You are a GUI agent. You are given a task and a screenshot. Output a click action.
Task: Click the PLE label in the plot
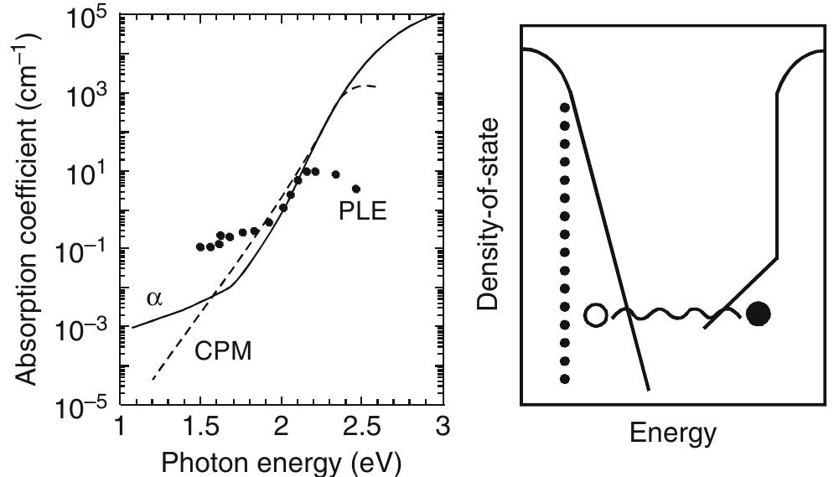click(x=362, y=210)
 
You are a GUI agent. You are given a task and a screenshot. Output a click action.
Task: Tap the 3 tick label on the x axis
click(x=441, y=427)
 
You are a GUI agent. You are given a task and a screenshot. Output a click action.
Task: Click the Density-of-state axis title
click(x=491, y=214)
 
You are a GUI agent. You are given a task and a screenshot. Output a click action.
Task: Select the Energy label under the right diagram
click(x=673, y=433)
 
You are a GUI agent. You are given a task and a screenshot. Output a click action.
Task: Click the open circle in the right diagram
click(x=595, y=315)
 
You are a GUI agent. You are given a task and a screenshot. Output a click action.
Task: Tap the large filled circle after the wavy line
click(x=758, y=314)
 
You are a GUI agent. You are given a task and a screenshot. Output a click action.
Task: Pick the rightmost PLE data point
click(x=356, y=189)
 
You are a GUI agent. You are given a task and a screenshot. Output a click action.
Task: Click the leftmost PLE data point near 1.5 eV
click(x=199, y=246)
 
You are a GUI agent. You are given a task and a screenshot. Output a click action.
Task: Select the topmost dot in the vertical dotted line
click(x=564, y=107)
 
